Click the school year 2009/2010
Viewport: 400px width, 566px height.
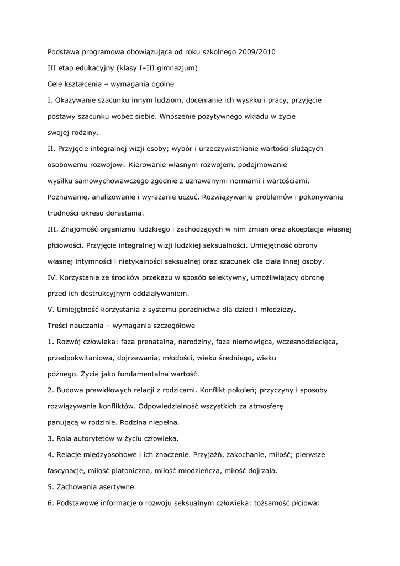pos(257,53)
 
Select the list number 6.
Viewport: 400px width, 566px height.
pos(50,503)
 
